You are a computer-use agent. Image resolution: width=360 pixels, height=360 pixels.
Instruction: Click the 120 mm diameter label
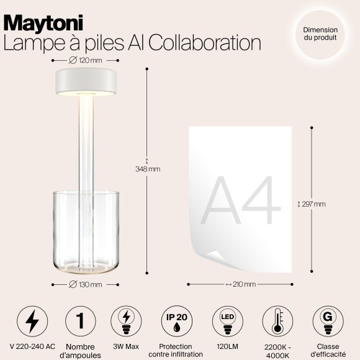coord(85,60)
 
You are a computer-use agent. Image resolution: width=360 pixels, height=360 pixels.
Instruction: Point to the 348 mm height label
coord(147,169)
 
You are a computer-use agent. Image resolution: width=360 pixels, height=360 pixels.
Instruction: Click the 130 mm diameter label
coord(85,284)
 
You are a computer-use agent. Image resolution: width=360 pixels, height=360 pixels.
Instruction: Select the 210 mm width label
coord(240,284)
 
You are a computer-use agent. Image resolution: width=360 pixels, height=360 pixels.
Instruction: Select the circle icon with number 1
coord(79,321)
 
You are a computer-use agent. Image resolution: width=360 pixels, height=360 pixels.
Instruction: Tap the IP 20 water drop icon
coord(176,321)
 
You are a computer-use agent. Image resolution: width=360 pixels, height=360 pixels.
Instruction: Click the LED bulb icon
coord(227,321)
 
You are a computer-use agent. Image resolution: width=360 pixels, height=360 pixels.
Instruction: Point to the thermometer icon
coord(276,321)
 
